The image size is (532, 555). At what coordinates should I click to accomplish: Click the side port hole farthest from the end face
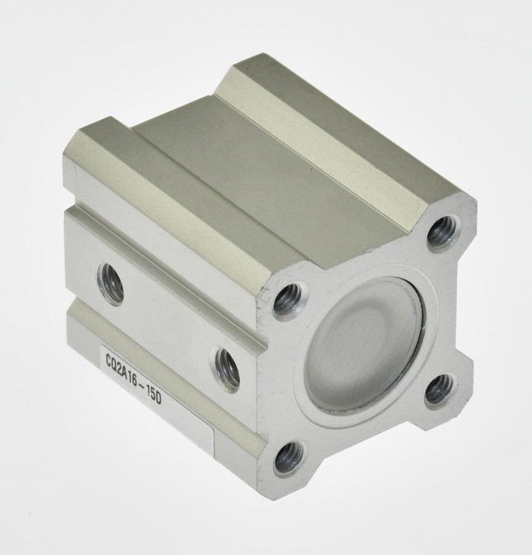click(x=110, y=283)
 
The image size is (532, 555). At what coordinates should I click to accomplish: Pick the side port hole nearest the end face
click(x=227, y=370)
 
